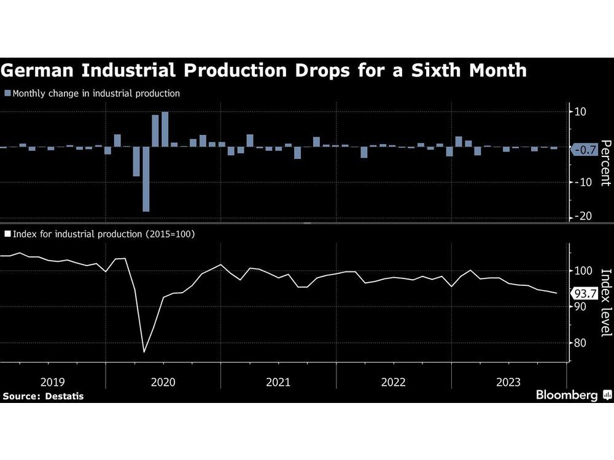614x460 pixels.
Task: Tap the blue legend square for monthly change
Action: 7,94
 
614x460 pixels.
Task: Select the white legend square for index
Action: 7,234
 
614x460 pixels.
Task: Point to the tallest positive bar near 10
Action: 165,129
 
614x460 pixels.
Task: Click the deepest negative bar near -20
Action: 146,179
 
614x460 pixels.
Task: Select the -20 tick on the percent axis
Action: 580,217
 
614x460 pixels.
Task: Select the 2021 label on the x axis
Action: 278,382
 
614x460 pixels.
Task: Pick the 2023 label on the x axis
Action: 508,382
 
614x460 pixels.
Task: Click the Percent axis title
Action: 605,163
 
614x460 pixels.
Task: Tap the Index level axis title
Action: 605,302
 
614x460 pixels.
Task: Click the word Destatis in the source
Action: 63,396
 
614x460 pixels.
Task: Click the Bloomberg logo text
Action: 566,396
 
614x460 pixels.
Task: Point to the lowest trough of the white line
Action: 144,352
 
